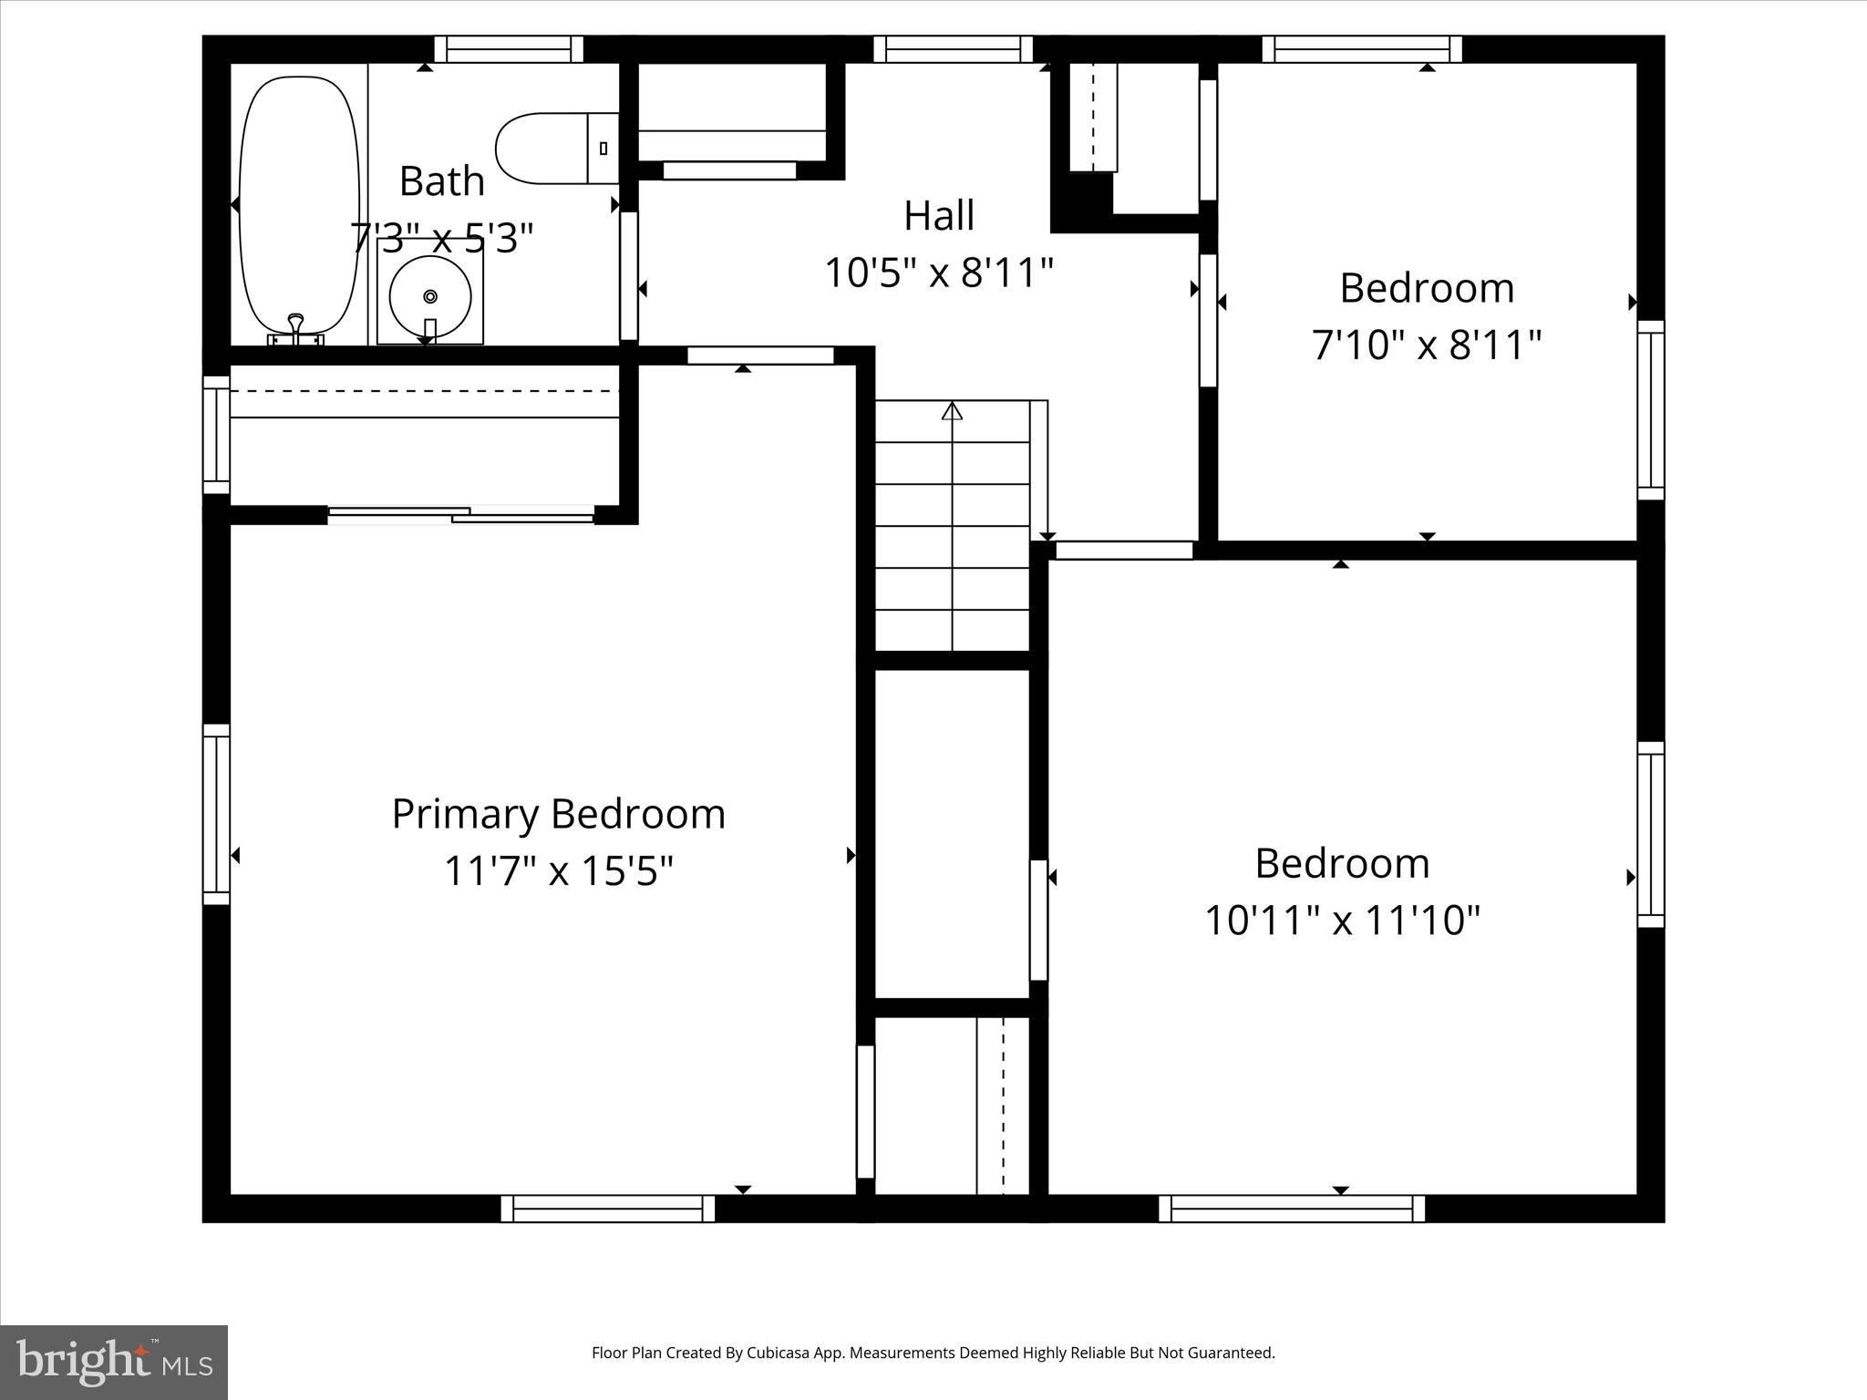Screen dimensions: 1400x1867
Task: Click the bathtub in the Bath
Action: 298,205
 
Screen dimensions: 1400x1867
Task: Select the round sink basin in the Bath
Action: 429,294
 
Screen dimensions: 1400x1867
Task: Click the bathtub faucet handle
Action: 295,323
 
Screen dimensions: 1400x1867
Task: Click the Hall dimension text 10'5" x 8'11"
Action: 939,273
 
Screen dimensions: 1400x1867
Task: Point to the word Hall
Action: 939,216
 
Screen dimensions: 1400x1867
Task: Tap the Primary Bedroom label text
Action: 558,814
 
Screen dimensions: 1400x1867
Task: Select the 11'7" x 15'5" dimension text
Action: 558,870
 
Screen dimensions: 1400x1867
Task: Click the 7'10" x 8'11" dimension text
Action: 1427,345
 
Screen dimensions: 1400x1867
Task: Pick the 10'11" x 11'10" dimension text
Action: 1342,920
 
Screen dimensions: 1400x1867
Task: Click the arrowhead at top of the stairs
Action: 952,411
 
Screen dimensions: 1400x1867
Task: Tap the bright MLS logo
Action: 114,1361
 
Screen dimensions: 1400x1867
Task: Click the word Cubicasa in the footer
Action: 780,1354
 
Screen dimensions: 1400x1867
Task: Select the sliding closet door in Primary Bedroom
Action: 460,516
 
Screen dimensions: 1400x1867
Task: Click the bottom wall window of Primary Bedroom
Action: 607,1209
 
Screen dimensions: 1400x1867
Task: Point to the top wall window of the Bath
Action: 509,49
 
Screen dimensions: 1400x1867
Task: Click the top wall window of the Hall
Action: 953,49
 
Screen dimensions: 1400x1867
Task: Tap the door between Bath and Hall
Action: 629,275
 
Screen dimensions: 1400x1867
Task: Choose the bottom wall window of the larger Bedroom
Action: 1291,1209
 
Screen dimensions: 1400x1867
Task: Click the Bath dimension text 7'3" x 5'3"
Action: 441,239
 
